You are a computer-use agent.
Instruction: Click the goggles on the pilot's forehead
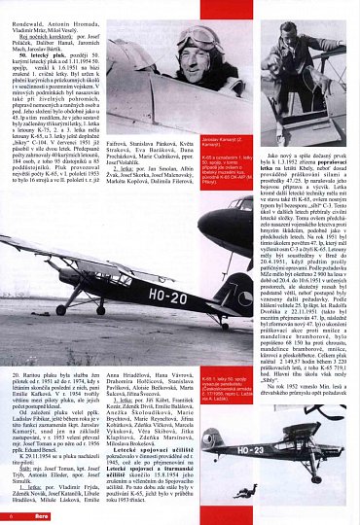click(x=196, y=38)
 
